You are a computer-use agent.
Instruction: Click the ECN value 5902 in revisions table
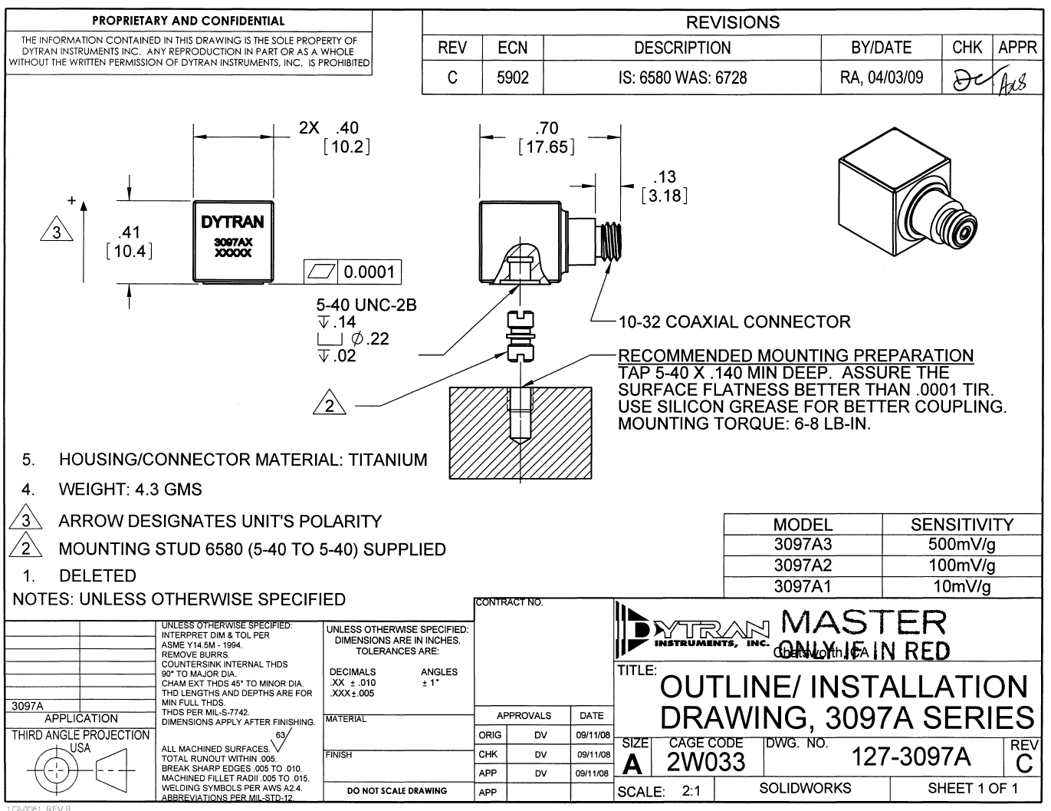[512, 77]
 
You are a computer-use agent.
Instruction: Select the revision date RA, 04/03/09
[882, 77]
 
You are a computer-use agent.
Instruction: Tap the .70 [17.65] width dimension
[547, 137]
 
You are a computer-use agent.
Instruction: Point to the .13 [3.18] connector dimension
[664, 186]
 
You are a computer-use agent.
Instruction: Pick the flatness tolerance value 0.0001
[369, 272]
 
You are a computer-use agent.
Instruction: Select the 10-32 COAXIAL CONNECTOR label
[734, 322]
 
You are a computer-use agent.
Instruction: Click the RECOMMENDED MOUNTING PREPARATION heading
[796, 356]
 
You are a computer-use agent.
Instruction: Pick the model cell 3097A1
[803, 587]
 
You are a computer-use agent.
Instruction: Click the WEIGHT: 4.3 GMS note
[130, 490]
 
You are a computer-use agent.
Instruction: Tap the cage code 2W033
[705, 762]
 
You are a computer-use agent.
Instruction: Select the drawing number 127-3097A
[911, 757]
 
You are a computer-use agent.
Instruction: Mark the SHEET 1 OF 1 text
[973, 788]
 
